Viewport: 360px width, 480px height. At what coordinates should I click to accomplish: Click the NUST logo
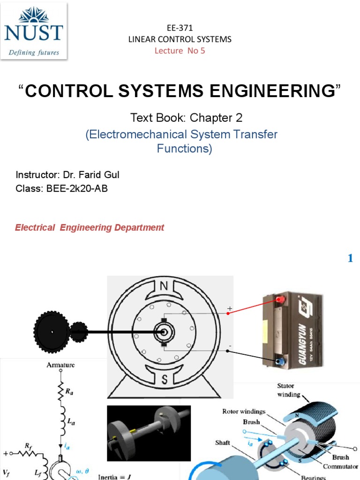[34, 31]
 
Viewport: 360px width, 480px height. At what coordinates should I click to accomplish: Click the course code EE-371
[180, 28]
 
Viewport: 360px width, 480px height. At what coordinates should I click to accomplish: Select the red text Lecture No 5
[180, 51]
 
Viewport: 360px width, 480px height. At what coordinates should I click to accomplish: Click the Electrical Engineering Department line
[90, 228]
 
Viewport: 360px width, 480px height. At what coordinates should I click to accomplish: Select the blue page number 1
[350, 258]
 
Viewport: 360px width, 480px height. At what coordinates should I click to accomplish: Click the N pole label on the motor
[164, 286]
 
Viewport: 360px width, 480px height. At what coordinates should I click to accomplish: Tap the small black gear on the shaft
[79, 331]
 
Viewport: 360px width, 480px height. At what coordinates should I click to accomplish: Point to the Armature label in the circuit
[60, 365]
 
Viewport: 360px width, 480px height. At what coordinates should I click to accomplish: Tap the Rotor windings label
[243, 412]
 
